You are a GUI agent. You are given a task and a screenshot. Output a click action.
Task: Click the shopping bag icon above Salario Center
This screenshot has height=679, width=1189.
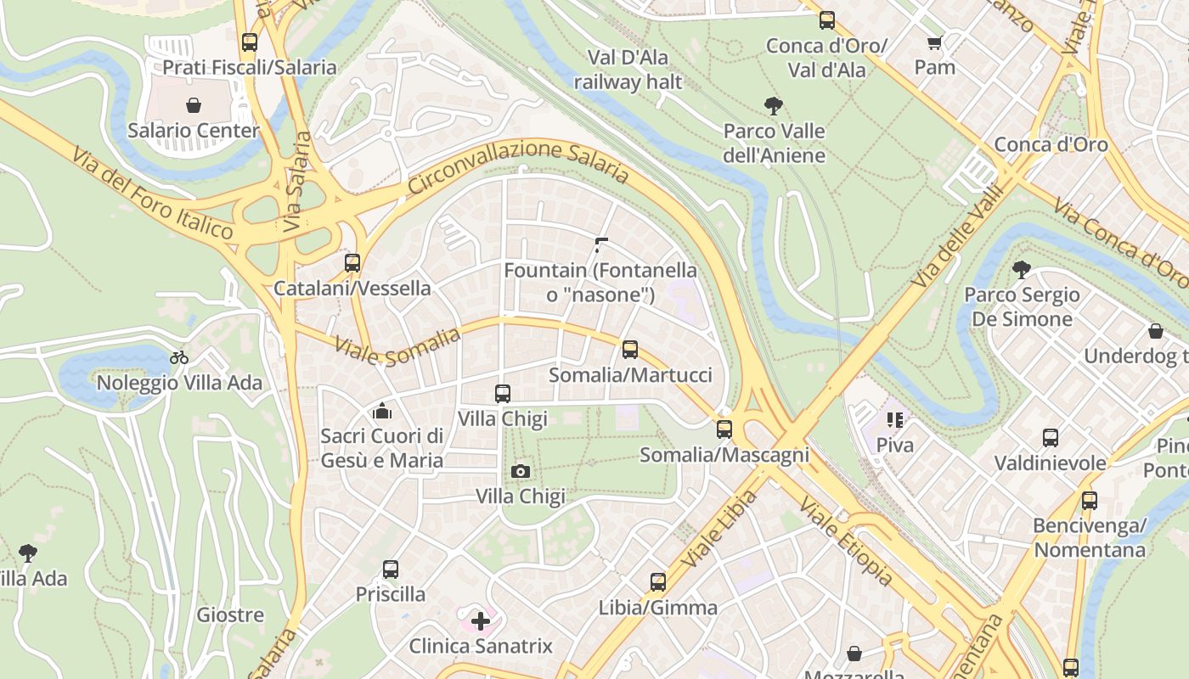(x=194, y=105)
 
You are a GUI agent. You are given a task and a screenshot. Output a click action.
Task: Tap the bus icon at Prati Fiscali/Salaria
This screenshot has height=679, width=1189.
(x=250, y=42)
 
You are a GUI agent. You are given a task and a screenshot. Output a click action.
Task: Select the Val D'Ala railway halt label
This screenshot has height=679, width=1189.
(x=628, y=70)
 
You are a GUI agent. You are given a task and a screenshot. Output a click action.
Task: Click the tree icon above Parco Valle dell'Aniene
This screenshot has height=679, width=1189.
(x=773, y=106)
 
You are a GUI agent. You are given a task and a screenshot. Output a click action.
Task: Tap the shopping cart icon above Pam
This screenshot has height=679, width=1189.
(x=935, y=42)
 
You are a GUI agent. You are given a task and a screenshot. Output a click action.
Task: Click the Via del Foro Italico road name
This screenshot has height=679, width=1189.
(x=153, y=193)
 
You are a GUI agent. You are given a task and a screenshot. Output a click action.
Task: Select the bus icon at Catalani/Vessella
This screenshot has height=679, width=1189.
(x=352, y=263)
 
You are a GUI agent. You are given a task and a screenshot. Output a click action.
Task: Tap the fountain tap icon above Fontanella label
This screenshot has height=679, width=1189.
(x=601, y=245)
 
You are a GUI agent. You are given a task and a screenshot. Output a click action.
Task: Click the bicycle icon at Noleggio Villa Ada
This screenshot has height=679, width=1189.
(x=179, y=357)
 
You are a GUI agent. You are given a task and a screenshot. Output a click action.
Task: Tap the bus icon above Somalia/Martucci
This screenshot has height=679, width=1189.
(x=630, y=349)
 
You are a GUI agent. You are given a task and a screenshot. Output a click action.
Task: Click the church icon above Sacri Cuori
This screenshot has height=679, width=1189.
(x=382, y=412)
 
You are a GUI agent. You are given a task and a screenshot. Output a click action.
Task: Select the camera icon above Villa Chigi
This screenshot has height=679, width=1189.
(x=521, y=471)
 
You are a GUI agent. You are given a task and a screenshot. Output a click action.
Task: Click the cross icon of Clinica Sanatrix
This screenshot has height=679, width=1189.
(x=481, y=620)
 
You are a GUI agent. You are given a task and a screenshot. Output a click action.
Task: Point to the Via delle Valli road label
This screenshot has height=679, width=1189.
(x=958, y=240)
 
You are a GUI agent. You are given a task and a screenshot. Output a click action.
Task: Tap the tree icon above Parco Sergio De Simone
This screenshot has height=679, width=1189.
(x=1022, y=270)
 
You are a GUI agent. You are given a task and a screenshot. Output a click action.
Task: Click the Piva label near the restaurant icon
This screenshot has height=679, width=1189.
(x=895, y=445)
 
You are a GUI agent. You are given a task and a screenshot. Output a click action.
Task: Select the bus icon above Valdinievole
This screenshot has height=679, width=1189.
(x=1051, y=438)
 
